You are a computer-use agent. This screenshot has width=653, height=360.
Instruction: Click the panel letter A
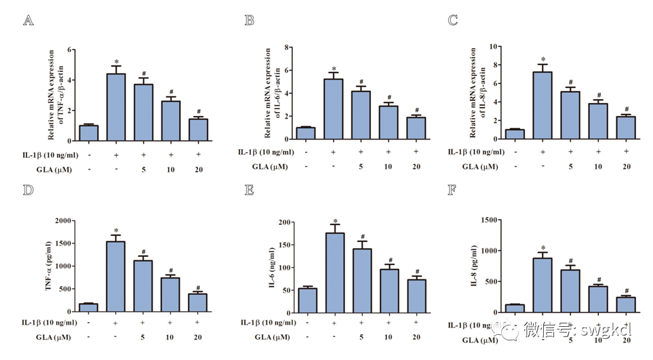(x=28, y=20)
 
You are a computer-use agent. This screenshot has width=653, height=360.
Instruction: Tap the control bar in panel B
(x=306, y=133)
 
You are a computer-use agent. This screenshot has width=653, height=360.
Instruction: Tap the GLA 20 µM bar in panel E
(x=416, y=296)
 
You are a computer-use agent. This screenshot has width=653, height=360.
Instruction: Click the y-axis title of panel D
(x=50, y=266)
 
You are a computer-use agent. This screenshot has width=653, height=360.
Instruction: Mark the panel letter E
(x=250, y=189)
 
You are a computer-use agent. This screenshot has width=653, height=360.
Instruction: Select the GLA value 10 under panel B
(x=387, y=166)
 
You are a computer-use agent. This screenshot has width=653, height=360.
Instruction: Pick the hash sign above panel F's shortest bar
(x=626, y=291)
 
